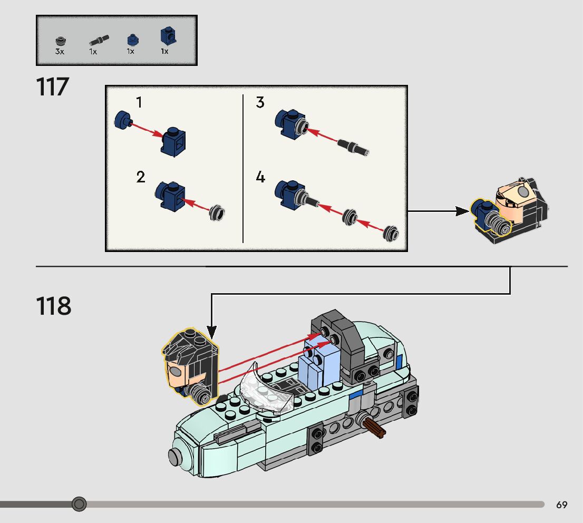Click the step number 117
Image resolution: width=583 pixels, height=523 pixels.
click(53, 88)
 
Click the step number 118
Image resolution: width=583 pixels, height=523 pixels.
click(53, 306)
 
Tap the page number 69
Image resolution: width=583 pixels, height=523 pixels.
click(561, 505)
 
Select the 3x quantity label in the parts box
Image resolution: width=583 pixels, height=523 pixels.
click(59, 52)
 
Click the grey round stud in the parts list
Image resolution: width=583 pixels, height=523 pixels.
click(60, 41)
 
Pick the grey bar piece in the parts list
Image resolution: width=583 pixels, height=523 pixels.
click(99, 40)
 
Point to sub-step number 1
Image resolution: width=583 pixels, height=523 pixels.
click(139, 102)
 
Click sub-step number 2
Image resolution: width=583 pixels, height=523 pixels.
click(140, 177)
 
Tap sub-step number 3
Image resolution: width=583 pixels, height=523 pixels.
click(260, 102)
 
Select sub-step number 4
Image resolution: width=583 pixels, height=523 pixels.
click(260, 177)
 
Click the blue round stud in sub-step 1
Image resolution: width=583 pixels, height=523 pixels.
click(122, 120)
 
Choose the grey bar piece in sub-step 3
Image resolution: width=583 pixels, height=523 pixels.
click(353, 147)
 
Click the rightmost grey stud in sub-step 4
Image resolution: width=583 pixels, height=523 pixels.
click(391, 233)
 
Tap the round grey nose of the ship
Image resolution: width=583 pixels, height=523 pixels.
click(176, 456)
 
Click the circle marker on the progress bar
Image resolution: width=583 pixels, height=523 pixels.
click(79, 505)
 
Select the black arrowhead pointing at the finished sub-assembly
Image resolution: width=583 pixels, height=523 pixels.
click(462, 211)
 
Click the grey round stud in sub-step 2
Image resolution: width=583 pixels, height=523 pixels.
click(217, 213)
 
